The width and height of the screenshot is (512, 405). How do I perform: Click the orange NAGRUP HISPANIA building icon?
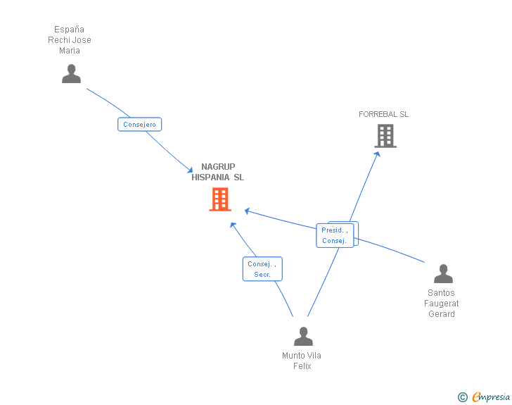click(219, 199)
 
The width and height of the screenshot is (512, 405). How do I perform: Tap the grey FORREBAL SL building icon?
click(385, 136)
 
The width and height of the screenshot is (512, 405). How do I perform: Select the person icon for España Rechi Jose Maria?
click(71, 74)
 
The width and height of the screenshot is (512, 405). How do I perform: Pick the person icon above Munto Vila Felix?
click(303, 337)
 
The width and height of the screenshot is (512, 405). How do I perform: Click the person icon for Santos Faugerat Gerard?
click(443, 274)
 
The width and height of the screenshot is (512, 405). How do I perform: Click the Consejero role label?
click(139, 125)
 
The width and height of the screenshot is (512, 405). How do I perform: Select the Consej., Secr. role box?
click(262, 269)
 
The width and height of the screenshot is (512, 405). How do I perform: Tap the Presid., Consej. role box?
click(335, 235)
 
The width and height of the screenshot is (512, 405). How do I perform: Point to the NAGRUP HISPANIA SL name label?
click(218, 173)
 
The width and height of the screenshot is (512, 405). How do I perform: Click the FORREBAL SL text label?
click(383, 114)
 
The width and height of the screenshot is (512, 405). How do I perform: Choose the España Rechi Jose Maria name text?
click(70, 40)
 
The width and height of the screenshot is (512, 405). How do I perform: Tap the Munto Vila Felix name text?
click(302, 361)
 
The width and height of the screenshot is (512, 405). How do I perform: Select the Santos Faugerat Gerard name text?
click(442, 304)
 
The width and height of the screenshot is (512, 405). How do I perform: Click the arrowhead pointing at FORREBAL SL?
click(377, 154)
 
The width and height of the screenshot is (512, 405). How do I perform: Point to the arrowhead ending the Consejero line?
click(190, 170)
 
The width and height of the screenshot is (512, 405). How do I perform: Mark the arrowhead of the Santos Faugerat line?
click(247, 211)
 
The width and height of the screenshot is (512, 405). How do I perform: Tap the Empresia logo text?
click(491, 397)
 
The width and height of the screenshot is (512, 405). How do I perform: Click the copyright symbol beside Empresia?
click(462, 397)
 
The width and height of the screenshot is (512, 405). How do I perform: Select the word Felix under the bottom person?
click(302, 366)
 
